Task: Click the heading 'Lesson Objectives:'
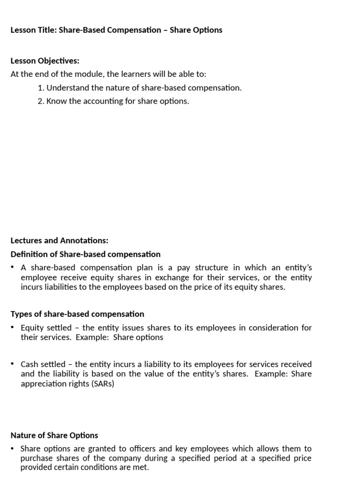click(45, 61)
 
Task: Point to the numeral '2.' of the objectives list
click(41, 101)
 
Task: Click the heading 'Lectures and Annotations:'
click(59, 240)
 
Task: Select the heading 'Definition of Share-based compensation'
click(85, 254)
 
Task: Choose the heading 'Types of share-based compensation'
click(77, 314)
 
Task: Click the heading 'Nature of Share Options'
click(54, 435)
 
